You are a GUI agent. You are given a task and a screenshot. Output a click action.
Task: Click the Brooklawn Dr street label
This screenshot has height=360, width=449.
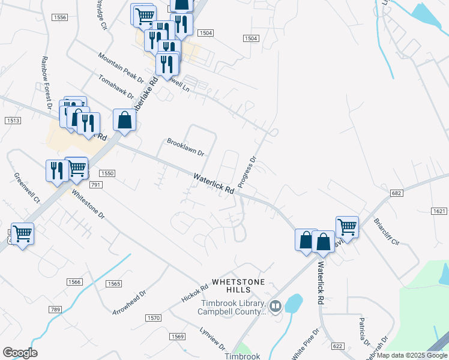(x=185, y=148)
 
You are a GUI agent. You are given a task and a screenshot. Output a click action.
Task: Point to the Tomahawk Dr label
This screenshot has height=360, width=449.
(x=118, y=87)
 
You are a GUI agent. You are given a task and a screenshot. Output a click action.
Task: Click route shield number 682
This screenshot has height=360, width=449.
(x=396, y=193)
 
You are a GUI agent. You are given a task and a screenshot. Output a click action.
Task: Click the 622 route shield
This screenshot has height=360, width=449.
(x=337, y=346)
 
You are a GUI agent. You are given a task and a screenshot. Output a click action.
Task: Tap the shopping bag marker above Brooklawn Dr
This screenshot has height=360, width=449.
(x=124, y=120)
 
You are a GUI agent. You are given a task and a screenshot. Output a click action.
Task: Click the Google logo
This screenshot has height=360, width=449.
(x=20, y=353)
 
